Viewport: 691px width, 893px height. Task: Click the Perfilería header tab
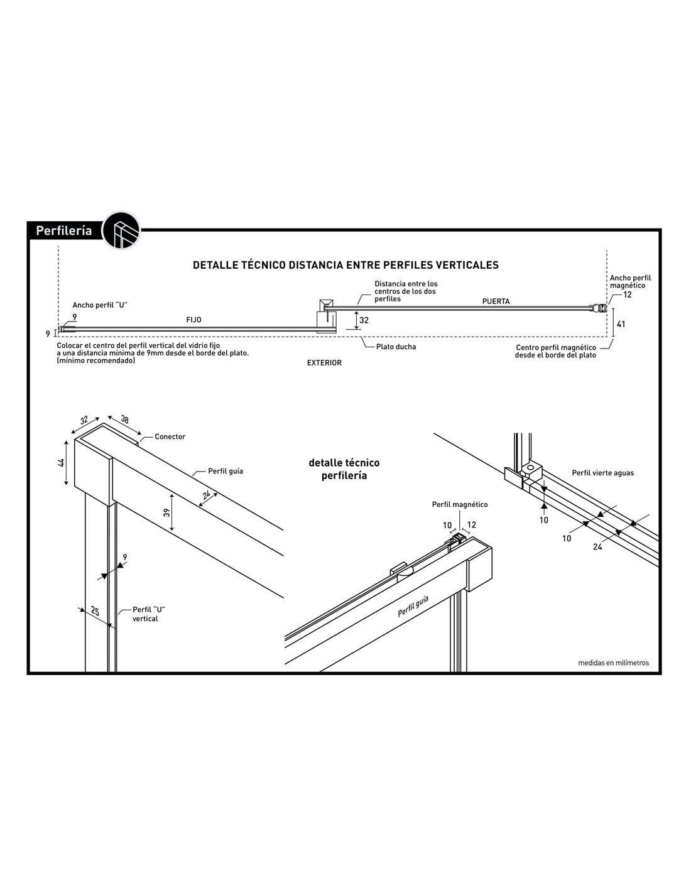(x=63, y=231)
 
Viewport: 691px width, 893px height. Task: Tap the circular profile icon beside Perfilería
(x=121, y=230)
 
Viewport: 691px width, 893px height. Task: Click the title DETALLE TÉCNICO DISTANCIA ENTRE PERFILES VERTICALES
(x=345, y=265)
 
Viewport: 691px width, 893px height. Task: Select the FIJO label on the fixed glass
(x=193, y=320)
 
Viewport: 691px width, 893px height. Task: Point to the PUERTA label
(x=496, y=301)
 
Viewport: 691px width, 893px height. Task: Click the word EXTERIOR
(x=324, y=363)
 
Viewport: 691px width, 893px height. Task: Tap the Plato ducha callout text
(x=396, y=347)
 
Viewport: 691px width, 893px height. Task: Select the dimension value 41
(x=621, y=325)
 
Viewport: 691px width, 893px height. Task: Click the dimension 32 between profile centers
(x=364, y=320)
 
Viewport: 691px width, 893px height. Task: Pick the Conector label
(x=170, y=436)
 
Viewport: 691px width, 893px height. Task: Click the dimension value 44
(x=62, y=463)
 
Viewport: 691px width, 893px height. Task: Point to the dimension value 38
(x=124, y=420)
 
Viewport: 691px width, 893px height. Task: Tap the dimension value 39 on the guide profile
(x=167, y=512)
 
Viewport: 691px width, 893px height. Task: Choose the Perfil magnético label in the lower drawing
(x=459, y=504)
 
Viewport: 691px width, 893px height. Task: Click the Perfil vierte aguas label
(x=602, y=473)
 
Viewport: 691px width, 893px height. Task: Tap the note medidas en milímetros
(x=613, y=663)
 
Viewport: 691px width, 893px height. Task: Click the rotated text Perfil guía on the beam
(x=413, y=608)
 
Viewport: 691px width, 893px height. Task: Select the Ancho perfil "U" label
(x=100, y=305)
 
